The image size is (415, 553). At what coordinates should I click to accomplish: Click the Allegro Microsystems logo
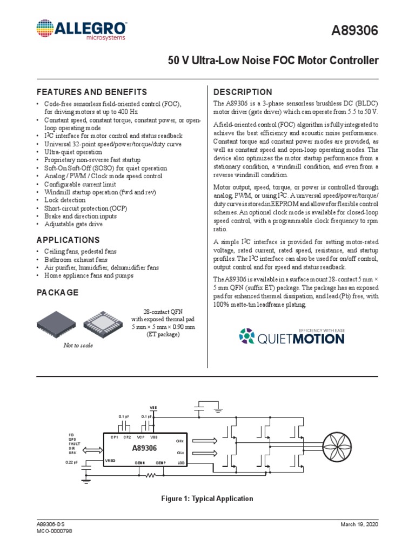click(81, 30)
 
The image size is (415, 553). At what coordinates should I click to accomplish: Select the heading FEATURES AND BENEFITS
click(91, 92)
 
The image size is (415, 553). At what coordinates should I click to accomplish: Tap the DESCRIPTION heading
click(243, 92)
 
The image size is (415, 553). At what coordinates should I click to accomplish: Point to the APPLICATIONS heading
click(68, 240)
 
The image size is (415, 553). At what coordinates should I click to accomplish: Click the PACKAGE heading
click(57, 293)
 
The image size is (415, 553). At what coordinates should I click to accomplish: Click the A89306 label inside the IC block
click(144, 448)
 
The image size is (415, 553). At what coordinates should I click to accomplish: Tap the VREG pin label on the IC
click(111, 461)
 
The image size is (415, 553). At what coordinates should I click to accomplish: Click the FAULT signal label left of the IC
click(75, 443)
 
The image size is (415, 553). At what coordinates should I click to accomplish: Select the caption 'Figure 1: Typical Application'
click(207, 498)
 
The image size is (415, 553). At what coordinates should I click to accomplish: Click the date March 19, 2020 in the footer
click(359, 525)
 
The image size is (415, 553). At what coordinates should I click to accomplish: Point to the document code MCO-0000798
click(54, 531)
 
